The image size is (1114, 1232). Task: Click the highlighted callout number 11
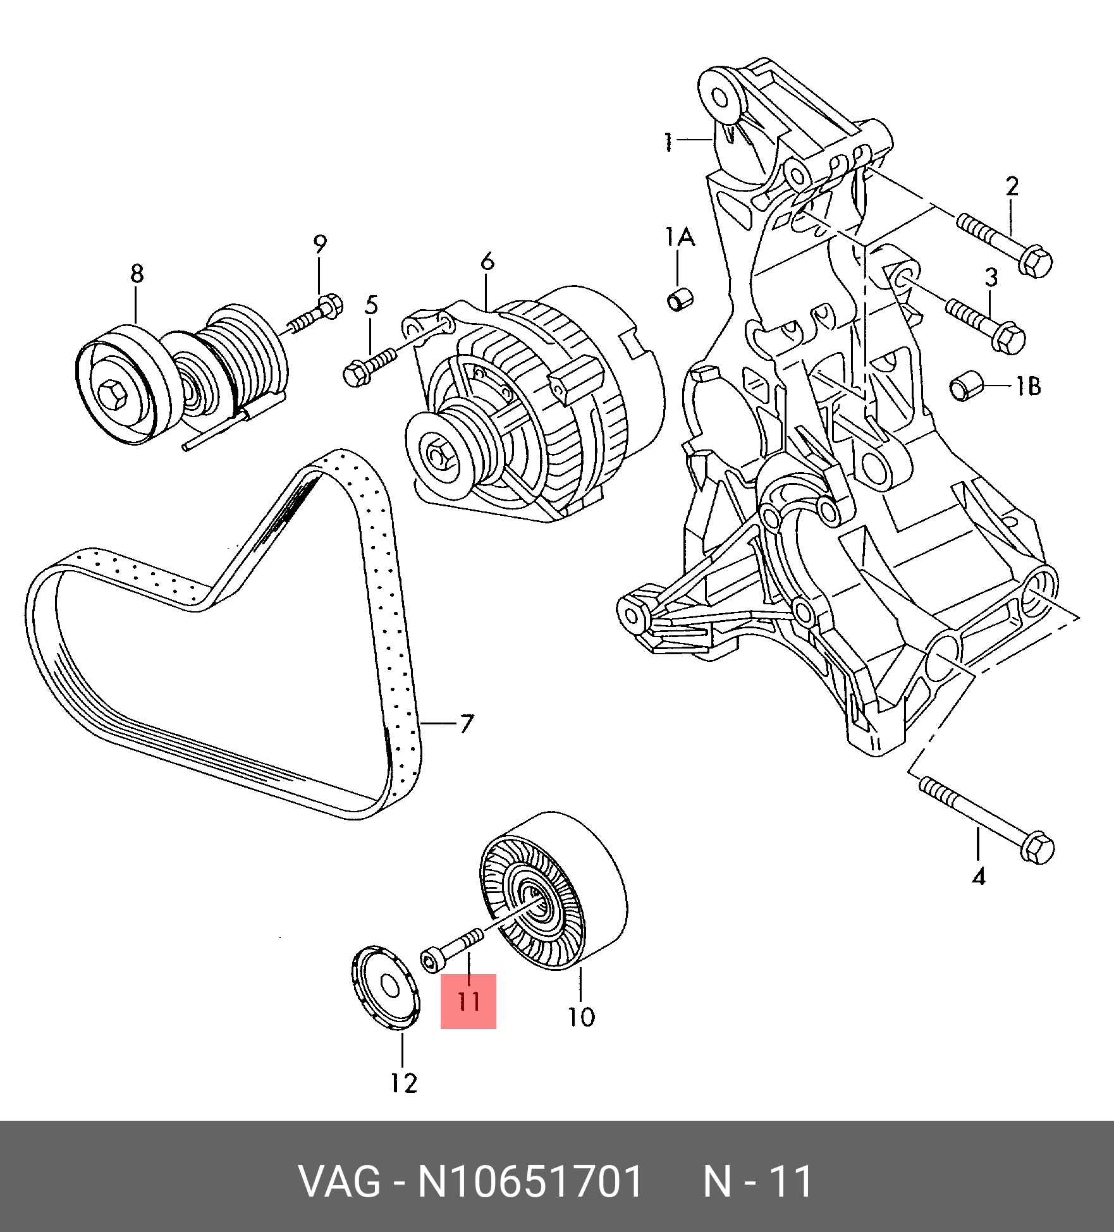(468, 1001)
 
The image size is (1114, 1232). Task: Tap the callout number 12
(404, 1083)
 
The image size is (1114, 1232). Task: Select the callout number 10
(581, 1017)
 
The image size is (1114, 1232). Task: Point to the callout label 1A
(680, 237)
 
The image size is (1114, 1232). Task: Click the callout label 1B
(1028, 386)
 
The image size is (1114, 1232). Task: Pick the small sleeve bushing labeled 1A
(680, 299)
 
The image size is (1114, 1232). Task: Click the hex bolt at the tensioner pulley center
(114, 394)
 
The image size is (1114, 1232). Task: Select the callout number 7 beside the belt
(467, 724)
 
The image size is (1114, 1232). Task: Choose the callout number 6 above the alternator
(487, 261)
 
